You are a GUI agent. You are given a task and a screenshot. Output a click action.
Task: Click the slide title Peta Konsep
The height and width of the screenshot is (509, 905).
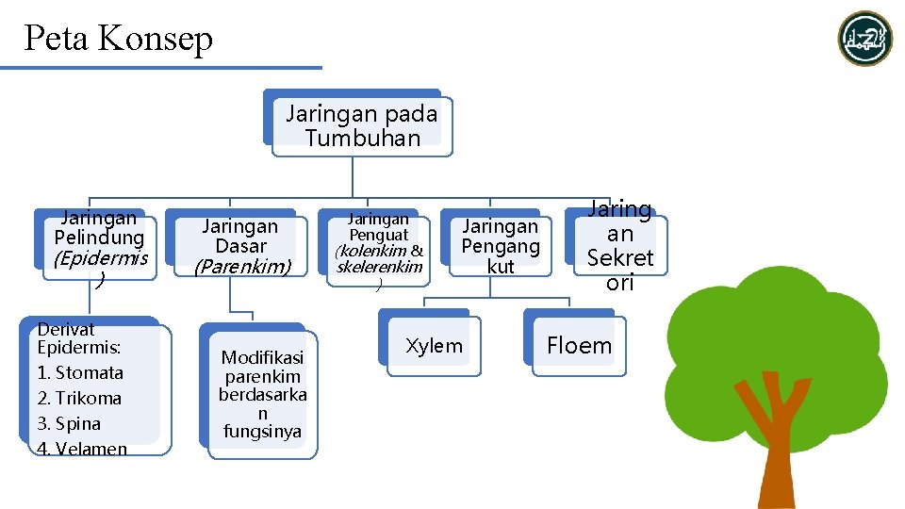coord(119,39)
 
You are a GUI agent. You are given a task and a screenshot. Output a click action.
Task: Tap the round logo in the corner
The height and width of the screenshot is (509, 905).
coord(864,39)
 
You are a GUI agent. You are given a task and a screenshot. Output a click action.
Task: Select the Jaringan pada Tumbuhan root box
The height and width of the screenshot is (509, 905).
coord(361,125)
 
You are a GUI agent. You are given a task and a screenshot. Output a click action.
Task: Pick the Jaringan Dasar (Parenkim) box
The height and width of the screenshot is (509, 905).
coord(241,246)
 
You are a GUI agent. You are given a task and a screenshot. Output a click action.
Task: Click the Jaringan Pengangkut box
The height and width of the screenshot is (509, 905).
coord(500,246)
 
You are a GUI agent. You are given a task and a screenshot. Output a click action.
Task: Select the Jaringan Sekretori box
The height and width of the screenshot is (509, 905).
coord(619,246)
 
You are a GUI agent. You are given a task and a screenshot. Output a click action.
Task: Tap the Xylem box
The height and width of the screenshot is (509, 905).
coord(434,346)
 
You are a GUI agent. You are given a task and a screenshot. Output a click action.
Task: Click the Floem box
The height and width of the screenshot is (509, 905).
coord(579,346)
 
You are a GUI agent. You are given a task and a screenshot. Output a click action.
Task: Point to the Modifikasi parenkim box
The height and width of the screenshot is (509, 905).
coord(262,394)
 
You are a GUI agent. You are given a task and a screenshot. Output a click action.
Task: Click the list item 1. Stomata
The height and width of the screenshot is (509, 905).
coord(80,372)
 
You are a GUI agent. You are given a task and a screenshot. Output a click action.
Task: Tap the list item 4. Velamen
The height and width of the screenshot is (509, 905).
coord(82,449)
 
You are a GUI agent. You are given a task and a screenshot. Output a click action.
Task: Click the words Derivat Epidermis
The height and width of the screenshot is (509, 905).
coord(79,337)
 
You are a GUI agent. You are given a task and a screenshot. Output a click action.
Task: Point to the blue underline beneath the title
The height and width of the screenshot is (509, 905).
coord(160,68)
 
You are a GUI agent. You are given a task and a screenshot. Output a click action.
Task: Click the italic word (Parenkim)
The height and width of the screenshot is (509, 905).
coord(241,267)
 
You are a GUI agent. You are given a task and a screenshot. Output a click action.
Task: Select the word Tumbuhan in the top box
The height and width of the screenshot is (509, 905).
coord(362,138)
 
